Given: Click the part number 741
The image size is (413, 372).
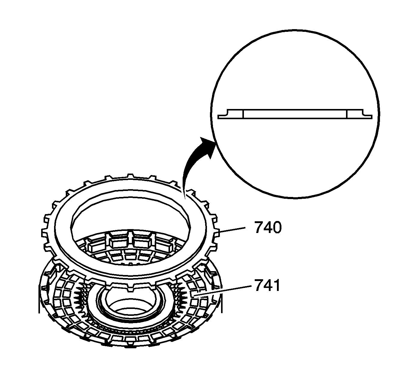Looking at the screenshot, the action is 267,285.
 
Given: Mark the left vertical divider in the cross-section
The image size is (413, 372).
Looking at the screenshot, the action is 243,114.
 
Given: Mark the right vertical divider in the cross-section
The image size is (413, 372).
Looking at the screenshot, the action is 347,114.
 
